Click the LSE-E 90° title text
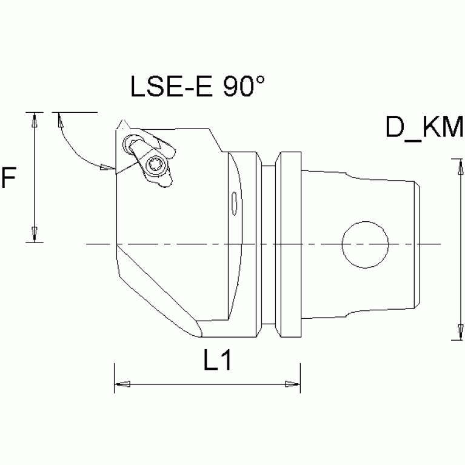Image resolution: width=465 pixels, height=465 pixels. [198, 87]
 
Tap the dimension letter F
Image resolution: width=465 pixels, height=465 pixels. [9, 179]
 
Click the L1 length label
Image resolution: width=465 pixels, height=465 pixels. [217, 362]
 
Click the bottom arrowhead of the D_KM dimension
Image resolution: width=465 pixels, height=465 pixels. [454, 332]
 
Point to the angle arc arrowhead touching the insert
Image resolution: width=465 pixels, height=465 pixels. [107, 167]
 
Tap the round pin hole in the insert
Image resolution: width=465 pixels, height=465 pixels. [130, 144]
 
